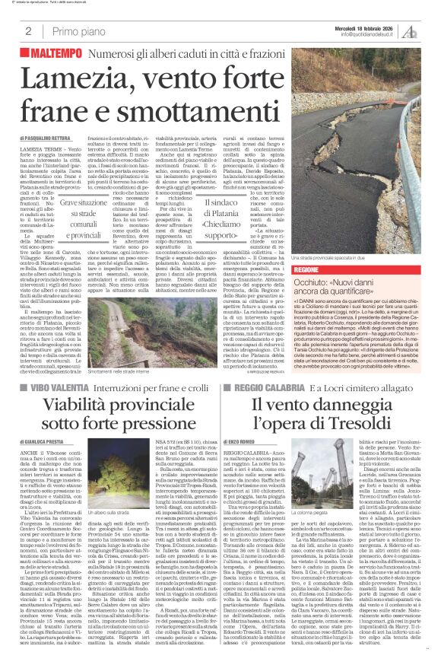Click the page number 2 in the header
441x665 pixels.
tap(28, 31)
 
